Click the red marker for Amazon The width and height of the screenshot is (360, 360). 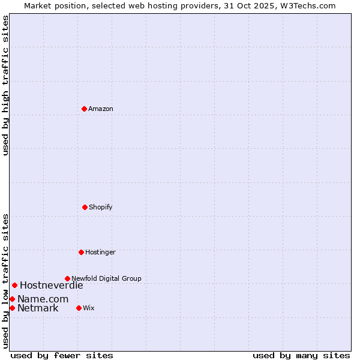84,109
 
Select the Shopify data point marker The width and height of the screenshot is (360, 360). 85,207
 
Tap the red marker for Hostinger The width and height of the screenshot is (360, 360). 81,252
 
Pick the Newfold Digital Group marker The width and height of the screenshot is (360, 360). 67,278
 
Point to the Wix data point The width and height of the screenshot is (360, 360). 79,308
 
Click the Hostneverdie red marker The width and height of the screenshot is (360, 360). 14,285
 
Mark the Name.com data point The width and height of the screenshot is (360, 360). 12,299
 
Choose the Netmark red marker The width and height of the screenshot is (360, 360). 12,308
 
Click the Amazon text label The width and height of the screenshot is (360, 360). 101,109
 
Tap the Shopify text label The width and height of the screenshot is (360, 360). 101,207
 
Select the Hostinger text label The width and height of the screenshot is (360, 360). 100,252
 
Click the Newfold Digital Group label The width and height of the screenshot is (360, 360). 106,278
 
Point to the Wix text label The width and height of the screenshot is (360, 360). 89,308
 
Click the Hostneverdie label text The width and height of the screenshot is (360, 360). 52,286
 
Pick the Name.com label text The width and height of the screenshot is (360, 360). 43,299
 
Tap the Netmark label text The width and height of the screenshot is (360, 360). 38,308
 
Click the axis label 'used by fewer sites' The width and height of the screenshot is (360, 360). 62,355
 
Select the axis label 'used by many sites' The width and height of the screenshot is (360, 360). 301,355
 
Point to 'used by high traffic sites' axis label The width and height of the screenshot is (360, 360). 5,85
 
